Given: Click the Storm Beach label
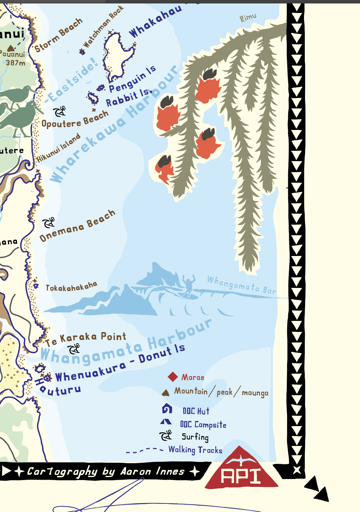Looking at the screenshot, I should tap(59, 35).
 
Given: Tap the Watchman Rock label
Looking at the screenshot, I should tap(103, 26).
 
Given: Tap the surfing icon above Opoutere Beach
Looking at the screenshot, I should tap(60, 111).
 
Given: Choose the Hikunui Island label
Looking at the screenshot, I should tap(58, 148).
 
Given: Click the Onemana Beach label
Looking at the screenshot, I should tap(77, 226).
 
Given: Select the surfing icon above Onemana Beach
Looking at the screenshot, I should tap(49, 223).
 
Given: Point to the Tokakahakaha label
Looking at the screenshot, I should tap(71, 287).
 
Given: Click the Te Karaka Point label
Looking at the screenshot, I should tap(86, 338).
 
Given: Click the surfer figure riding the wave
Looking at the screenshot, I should tap(188, 285).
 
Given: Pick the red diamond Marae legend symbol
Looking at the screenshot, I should tap(172, 377).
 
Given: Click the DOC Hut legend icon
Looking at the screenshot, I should tap(167, 409).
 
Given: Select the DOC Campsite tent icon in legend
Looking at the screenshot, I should tap(166, 422).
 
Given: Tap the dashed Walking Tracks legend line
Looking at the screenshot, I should tap(144, 450).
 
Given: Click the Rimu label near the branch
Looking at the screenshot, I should tap(248, 17).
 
